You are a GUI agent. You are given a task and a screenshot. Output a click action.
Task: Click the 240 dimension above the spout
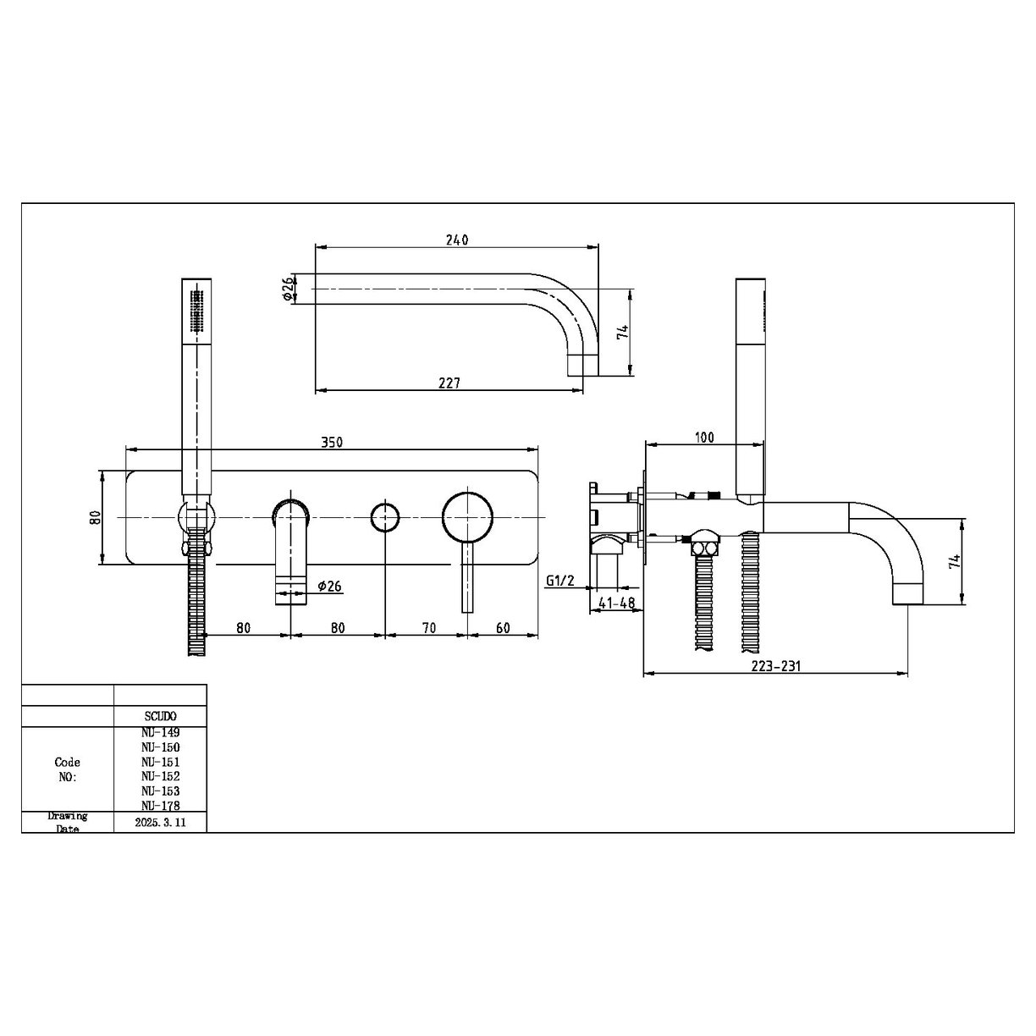coord(457,240)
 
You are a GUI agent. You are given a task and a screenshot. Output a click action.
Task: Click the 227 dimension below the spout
coord(449,383)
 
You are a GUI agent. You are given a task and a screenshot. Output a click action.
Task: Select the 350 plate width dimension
coord(331,442)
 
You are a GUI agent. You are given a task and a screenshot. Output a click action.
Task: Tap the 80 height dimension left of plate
coord(96,517)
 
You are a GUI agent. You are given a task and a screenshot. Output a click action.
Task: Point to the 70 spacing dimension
coord(428,627)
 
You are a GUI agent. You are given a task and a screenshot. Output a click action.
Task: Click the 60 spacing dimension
coord(503,627)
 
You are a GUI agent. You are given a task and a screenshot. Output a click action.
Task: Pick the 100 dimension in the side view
coord(704,438)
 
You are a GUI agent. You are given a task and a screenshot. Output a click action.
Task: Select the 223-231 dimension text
coord(776,666)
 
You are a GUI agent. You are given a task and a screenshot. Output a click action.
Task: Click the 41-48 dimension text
coord(615,603)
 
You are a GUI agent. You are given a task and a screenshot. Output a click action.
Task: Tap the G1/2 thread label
coord(559,580)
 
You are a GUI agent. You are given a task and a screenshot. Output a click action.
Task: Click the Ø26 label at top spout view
coord(288,289)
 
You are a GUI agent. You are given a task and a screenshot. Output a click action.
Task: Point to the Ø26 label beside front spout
coord(328,586)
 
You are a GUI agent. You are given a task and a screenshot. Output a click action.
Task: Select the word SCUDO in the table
coord(160,716)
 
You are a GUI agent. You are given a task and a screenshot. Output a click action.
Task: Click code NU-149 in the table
coord(160,732)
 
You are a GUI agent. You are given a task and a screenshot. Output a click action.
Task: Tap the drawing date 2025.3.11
coord(160,822)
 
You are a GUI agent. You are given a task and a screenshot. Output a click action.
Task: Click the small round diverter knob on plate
coord(385,516)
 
